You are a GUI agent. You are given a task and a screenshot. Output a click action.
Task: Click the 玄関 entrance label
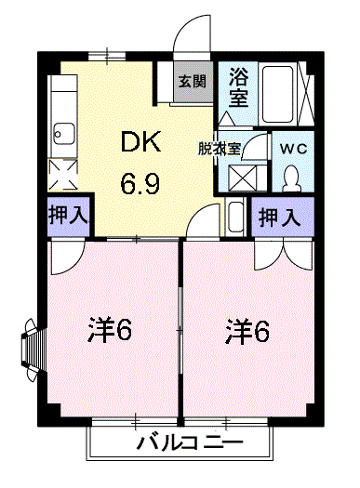tap(193, 81)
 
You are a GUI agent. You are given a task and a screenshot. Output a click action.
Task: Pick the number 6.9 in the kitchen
tap(139, 182)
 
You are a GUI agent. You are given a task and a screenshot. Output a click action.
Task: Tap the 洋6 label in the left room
tap(110, 329)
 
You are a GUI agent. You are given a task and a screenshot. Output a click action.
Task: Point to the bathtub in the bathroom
tap(278, 93)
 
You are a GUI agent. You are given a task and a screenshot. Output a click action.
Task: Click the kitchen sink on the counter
tap(64, 130)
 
